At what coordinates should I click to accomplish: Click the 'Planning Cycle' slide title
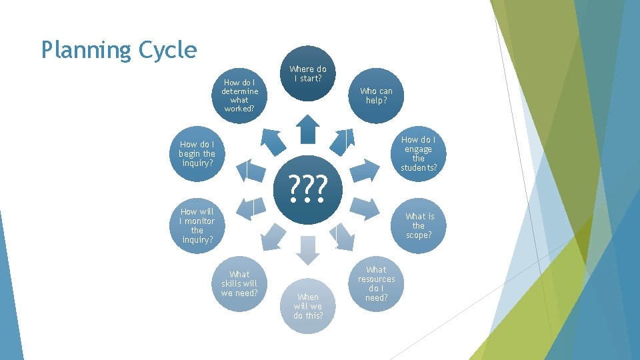(119, 50)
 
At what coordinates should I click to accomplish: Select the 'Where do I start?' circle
(307, 73)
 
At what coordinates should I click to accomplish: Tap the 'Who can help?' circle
(376, 95)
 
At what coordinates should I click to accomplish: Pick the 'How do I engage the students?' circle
(418, 154)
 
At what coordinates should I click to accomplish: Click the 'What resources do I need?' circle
(376, 283)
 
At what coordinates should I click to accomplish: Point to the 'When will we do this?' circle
(308, 305)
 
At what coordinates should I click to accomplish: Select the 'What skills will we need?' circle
(239, 283)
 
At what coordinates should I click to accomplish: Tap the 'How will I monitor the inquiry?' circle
(197, 225)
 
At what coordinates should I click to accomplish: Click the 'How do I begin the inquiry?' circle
(197, 153)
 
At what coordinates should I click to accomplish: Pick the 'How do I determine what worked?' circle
(239, 95)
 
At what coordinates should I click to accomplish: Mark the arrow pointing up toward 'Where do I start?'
(307, 129)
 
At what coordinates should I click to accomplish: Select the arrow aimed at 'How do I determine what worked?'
(272, 141)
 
